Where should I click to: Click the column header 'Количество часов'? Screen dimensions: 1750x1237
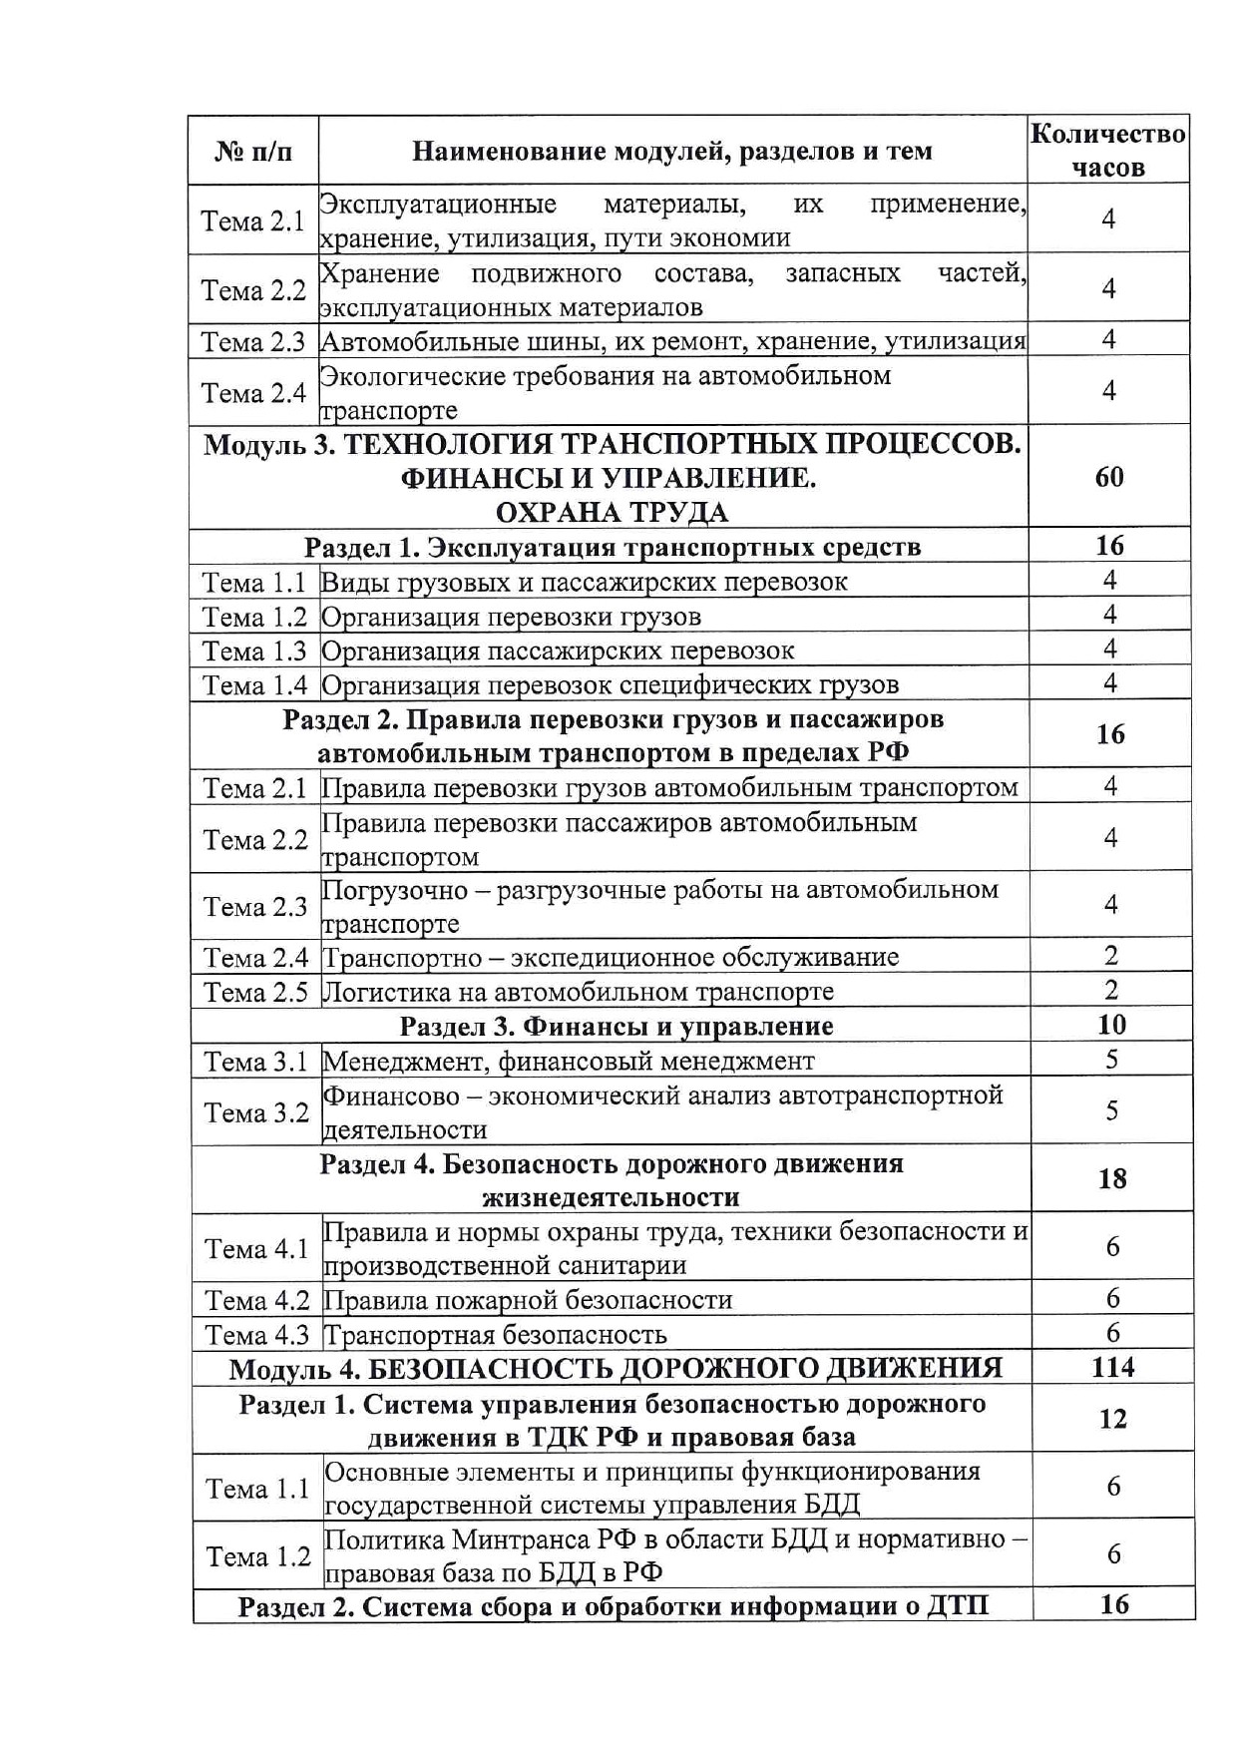(1107, 150)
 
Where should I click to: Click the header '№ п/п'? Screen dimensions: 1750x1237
(253, 152)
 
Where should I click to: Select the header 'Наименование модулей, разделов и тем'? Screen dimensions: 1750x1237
(671, 152)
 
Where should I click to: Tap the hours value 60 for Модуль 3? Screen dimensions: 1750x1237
(1109, 477)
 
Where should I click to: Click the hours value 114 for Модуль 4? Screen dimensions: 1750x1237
(1112, 1367)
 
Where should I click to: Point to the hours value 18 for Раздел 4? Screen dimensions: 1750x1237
(1112, 1179)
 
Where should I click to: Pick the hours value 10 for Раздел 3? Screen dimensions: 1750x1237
(1111, 1025)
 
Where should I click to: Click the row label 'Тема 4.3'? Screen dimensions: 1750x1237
(257, 1335)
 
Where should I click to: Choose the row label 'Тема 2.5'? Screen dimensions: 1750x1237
(255, 992)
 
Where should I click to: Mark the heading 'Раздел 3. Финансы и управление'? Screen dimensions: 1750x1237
(617, 1026)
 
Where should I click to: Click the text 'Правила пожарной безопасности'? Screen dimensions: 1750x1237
(528, 1300)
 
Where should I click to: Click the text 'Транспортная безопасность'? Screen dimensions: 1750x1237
(495, 1335)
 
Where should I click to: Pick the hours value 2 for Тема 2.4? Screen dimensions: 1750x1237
(1111, 956)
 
